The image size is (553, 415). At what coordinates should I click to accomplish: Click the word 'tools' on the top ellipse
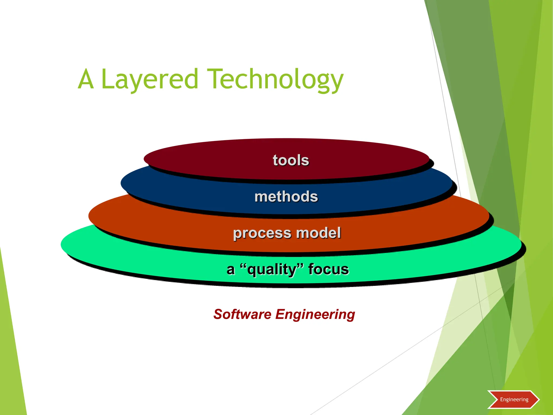tap(291, 160)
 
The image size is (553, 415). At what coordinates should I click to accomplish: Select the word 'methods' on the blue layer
tap(286, 196)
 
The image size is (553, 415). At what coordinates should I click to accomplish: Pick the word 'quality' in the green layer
tap(272, 270)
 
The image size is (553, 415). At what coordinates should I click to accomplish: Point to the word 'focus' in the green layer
tap(328, 269)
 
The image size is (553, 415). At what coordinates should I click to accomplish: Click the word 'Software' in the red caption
tap(242, 314)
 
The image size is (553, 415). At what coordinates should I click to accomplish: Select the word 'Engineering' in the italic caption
tap(315, 315)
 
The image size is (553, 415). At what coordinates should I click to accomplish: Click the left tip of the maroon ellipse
tap(144, 159)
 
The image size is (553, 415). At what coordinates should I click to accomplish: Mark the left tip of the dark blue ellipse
tap(122, 183)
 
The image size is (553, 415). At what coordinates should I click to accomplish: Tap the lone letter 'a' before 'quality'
tap(230, 270)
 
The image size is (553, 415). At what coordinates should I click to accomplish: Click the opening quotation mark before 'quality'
tap(243, 266)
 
